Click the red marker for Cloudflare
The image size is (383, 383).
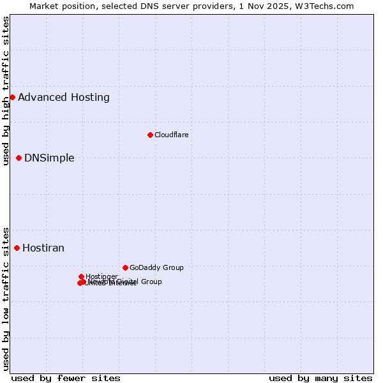pyautogui.click(x=150, y=135)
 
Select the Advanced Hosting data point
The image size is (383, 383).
pyautogui.click(x=12, y=97)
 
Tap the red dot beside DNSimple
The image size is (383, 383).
pyautogui.click(x=19, y=158)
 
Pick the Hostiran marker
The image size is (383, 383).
pyautogui.click(x=17, y=248)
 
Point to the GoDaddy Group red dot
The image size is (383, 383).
pyautogui.click(x=125, y=267)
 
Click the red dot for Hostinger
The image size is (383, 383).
pyautogui.click(x=81, y=276)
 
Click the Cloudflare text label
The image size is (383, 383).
pyautogui.click(x=171, y=135)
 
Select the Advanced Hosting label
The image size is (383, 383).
pyautogui.click(x=64, y=98)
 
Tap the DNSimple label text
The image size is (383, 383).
pyautogui.click(x=49, y=158)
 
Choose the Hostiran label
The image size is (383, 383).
pyautogui.click(x=43, y=248)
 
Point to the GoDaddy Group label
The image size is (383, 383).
pyautogui.click(x=156, y=268)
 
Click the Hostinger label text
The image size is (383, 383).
pyautogui.click(x=101, y=276)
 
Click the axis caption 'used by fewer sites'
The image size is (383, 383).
pyautogui.click(x=66, y=379)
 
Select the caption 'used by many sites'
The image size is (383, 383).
pyautogui.click(x=320, y=379)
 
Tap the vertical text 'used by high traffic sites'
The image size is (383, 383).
pyautogui.click(x=6, y=91)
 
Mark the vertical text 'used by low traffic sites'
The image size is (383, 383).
pyautogui.click(x=6, y=298)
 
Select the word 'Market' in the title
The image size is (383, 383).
pyautogui.click(x=46, y=6)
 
